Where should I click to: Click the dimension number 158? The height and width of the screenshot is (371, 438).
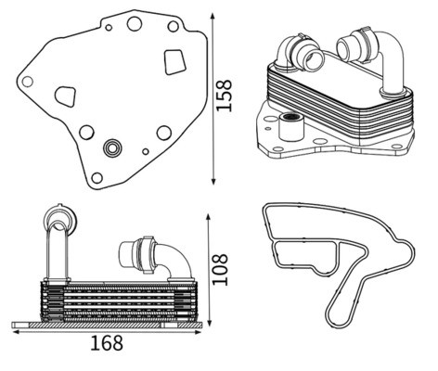coord(224,96)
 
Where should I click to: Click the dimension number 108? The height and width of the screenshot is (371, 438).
coord(220,270)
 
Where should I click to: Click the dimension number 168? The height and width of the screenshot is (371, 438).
coord(107,343)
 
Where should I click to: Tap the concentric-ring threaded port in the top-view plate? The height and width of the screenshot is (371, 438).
coord(112,148)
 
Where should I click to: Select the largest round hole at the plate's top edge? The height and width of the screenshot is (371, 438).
coord(135,23)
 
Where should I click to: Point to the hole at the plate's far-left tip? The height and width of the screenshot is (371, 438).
coord(27,82)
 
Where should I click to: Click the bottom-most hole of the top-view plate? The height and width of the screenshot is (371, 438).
coord(97,178)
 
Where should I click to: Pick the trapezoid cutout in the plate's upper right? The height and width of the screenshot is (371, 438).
coord(174,62)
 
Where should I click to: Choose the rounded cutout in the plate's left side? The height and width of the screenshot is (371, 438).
coord(66,96)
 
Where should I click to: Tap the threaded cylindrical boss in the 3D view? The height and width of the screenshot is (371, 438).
coord(290,127)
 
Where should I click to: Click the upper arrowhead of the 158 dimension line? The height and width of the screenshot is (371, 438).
coord(213,16)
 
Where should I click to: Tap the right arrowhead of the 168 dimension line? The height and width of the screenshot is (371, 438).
coord(199,332)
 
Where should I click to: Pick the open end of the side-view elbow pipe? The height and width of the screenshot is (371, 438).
coord(126,255)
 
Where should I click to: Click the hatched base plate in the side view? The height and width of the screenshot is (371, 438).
coord(107,325)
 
